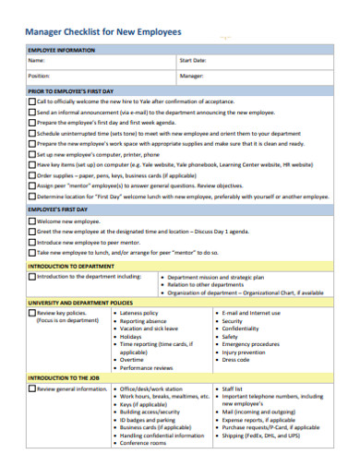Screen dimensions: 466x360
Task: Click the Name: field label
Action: (37, 61)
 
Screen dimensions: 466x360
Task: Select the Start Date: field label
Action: (192, 61)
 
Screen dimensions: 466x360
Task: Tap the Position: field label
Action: (39, 77)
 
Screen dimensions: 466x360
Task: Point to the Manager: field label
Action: (191, 77)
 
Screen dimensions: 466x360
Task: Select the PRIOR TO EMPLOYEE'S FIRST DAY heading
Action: (71, 92)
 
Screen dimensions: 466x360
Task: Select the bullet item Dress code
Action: (236, 359)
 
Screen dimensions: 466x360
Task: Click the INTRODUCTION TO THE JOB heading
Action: (66, 378)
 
